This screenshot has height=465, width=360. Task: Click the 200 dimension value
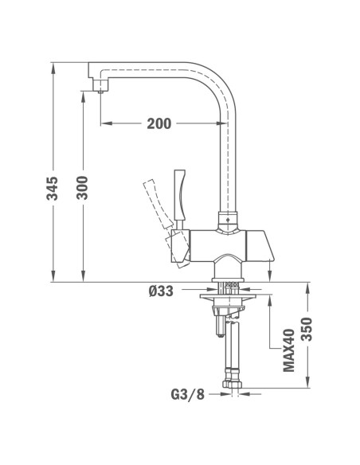[160, 123]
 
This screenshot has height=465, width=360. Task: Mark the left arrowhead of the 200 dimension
[105, 123]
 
